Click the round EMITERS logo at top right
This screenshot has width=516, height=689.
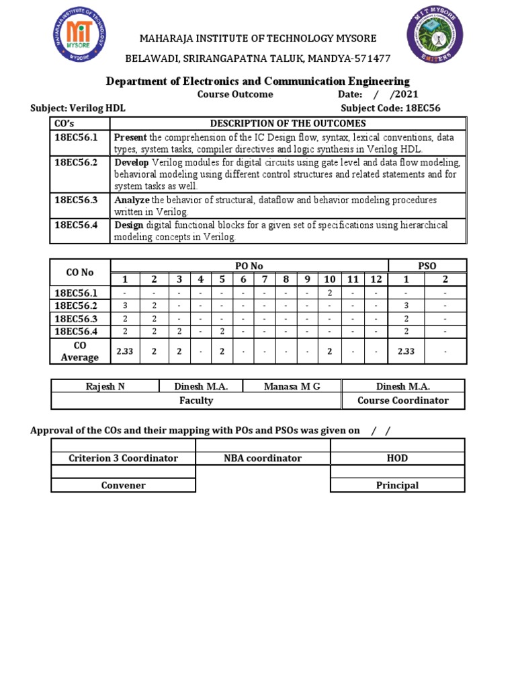[435, 40]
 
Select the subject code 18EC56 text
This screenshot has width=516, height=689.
[429, 108]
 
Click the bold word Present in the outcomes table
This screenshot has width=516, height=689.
[130, 137]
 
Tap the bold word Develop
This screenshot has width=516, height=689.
[132, 163]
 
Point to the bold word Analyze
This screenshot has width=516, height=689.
[132, 201]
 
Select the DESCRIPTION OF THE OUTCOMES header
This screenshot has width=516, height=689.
[288, 123]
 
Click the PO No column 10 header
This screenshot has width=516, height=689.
[329, 279]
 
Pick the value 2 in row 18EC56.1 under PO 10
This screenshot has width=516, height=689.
[329, 293]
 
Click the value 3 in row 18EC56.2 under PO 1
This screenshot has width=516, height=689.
[125, 306]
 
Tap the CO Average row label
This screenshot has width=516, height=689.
[80, 351]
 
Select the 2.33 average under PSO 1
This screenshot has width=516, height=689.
[406, 351]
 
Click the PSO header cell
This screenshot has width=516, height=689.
[427, 266]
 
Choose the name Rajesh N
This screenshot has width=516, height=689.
[105, 386]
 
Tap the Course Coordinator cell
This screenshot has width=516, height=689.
[402, 400]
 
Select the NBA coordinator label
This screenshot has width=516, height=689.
[263, 458]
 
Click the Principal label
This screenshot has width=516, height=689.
[397, 485]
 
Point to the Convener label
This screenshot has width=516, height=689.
[123, 485]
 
